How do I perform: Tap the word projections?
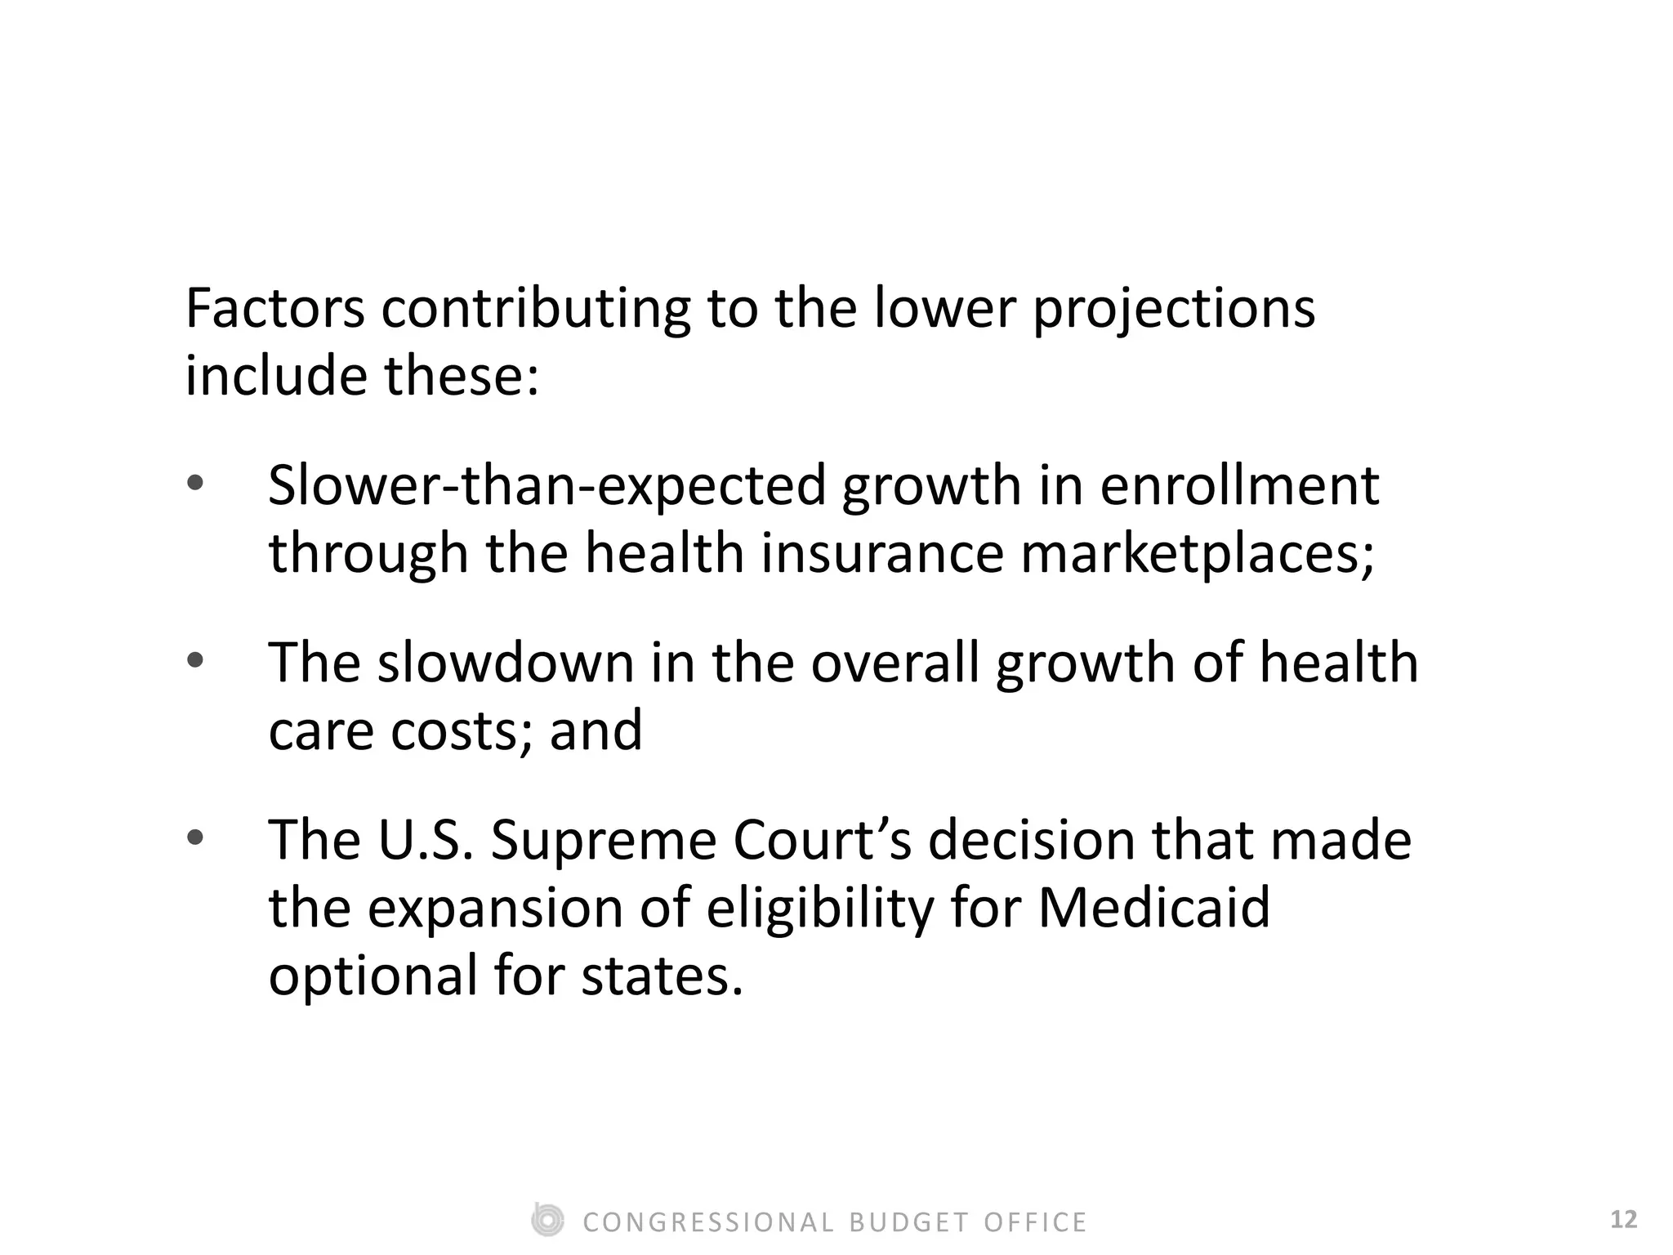pos(1174,310)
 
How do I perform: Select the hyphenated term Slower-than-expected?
pos(547,486)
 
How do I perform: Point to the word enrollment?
pos(1239,486)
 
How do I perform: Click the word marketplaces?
pos(1198,555)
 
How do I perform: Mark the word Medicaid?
pos(1153,908)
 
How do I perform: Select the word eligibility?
pos(819,909)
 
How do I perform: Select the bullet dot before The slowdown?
pos(194,659)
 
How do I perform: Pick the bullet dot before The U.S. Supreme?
pos(194,837)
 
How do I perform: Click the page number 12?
pos(1624,1220)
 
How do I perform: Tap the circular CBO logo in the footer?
pos(547,1221)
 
